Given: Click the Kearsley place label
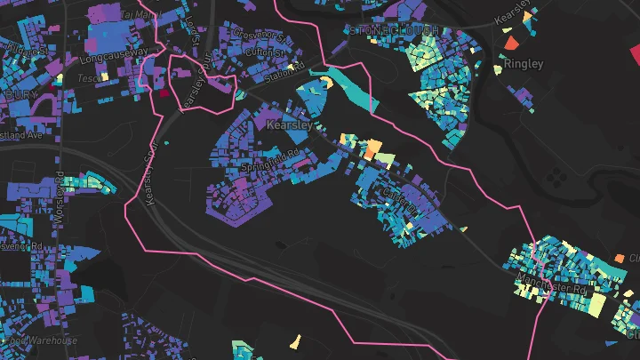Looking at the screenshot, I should click(x=290, y=126).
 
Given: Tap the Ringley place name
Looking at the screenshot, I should click(x=523, y=64).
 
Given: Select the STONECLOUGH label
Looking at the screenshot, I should click(x=395, y=30).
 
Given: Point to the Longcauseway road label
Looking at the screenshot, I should click(x=114, y=53).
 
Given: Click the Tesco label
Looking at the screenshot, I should click(x=88, y=76).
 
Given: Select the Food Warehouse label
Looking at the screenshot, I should click(x=40, y=340).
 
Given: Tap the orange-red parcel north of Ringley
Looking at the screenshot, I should click(x=511, y=43).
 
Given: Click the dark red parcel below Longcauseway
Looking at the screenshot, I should click(x=164, y=92).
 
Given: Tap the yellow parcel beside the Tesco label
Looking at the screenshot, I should click(x=104, y=76).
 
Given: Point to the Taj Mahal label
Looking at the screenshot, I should click(x=137, y=15).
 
